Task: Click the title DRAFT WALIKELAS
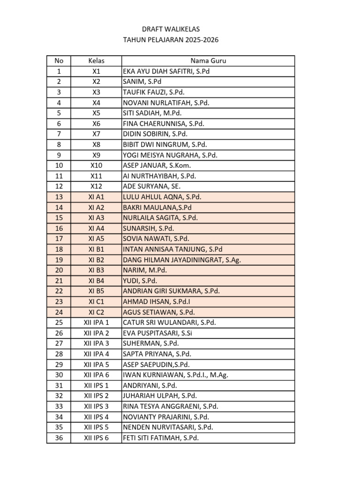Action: coord(171,30)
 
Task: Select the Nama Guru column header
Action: coord(208,61)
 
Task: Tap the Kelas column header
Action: coord(96,61)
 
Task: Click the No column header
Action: coord(59,61)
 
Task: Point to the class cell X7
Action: coord(96,134)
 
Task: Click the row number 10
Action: coord(59,165)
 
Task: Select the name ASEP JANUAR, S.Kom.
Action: coord(157,165)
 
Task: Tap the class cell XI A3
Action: coord(96,218)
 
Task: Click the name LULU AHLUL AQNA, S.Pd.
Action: coord(162,197)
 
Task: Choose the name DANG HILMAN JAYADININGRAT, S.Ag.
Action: coord(182,260)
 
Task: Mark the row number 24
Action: coord(59,312)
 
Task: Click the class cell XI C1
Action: coord(96,301)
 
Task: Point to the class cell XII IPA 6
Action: coord(96,375)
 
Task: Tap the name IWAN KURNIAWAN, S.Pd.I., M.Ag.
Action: coord(175,375)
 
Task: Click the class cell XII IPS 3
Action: coord(96,406)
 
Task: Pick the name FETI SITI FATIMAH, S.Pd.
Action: coord(161,438)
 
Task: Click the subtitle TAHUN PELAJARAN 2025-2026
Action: coord(171,40)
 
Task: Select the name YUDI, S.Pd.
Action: coord(139,281)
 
